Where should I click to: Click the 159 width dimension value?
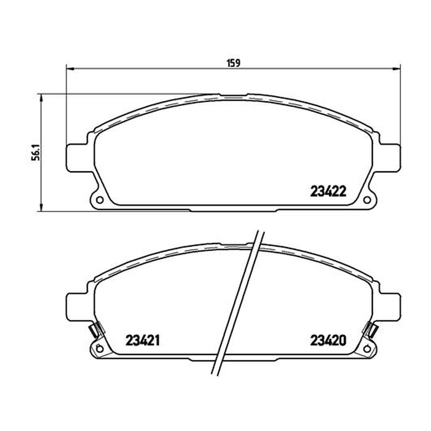coord(233,63)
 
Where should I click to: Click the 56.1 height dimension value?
coord(36,154)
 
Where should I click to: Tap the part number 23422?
coord(328,191)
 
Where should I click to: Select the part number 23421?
coord(143,340)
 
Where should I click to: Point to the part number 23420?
coord(328,340)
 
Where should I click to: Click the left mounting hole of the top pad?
coord(100,200)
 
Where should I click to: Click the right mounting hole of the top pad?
coord(367,200)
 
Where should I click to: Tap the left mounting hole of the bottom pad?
coord(100,349)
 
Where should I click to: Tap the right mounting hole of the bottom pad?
coord(367,349)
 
